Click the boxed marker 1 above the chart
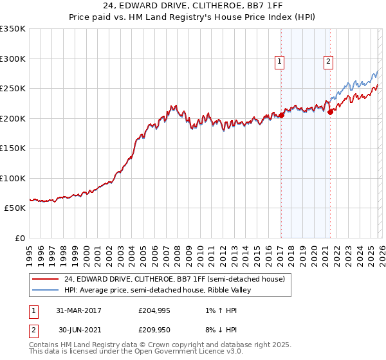pos(280,62)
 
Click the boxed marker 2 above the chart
pos(328,62)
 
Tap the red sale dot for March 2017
pos(281,116)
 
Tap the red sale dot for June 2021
pos(330,111)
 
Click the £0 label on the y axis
pos(19,238)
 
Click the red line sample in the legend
pos(46,279)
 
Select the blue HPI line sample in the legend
pos(46,290)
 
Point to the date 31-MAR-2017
pos(80,310)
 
